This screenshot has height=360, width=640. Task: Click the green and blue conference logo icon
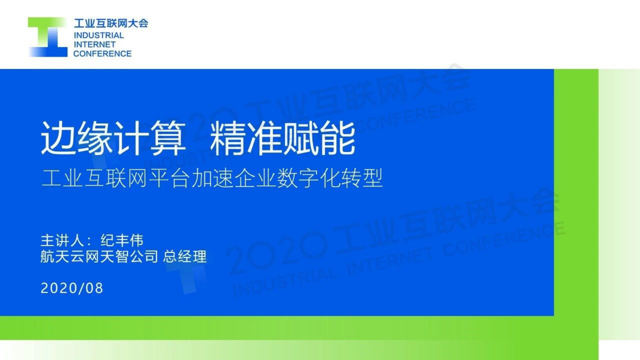pos(48,37)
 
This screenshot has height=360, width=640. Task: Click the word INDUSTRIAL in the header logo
pos(99,36)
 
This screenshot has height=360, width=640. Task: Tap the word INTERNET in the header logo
pos(95,44)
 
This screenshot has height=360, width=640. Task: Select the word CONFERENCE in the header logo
pos(102,54)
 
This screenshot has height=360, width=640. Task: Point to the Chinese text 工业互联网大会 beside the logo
pos(111,23)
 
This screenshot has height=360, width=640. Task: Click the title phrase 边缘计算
pos(113,138)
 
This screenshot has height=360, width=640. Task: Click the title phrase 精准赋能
pos(282,138)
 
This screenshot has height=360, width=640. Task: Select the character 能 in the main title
pos(337,138)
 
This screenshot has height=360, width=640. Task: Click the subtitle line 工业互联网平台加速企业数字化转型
pos(212,178)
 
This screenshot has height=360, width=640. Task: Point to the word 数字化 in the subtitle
pos(309,178)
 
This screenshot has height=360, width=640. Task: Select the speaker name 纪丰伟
pos(122,241)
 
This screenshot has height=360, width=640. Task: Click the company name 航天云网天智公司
pos(99,257)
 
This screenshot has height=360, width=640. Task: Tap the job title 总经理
pos(185,257)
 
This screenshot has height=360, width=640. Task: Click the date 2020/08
pos(72,288)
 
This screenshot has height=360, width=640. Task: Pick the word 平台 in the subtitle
pos(170,178)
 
